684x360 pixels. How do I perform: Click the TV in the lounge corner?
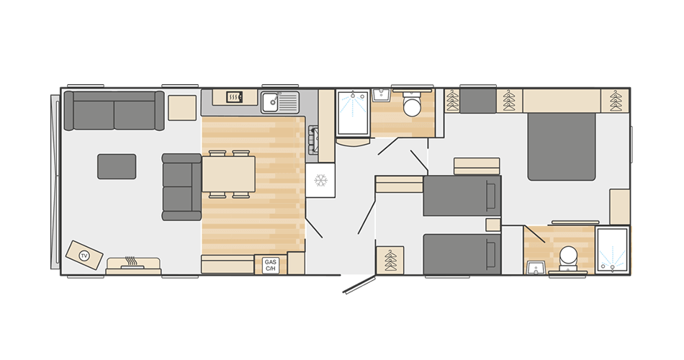tap(84, 256)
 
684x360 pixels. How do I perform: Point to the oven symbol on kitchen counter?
tap(234, 96)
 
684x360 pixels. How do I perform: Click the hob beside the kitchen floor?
tap(313, 140)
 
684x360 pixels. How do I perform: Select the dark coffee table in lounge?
tap(117, 166)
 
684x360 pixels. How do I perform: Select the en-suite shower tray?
tap(613, 249)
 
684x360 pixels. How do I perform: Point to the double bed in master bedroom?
tap(562, 145)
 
